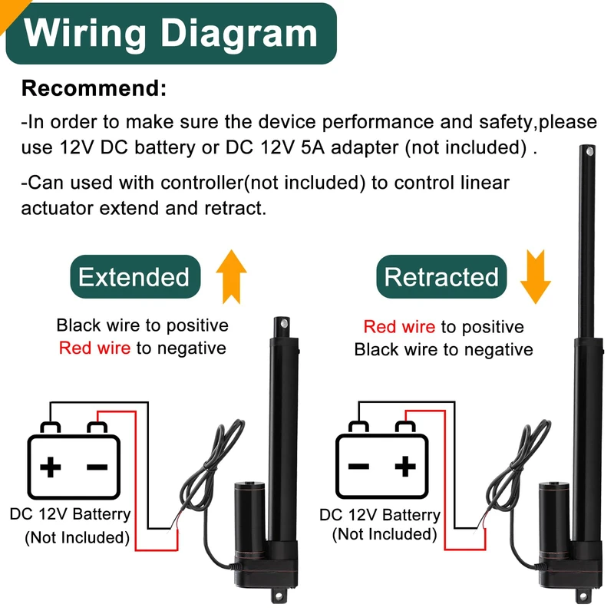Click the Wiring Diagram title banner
tap(170, 33)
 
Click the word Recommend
tap(94, 88)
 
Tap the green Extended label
tap(134, 277)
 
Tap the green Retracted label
tap(441, 277)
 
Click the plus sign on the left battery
tap(51, 467)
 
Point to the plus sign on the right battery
tap(405, 465)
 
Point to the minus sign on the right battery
tap(359, 466)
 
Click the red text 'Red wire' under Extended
tap(94, 348)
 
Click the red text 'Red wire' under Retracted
tap(399, 327)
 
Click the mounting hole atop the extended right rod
tap(589, 157)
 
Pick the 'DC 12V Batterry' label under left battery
tap(71, 514)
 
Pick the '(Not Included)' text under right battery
tap(384, 534)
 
